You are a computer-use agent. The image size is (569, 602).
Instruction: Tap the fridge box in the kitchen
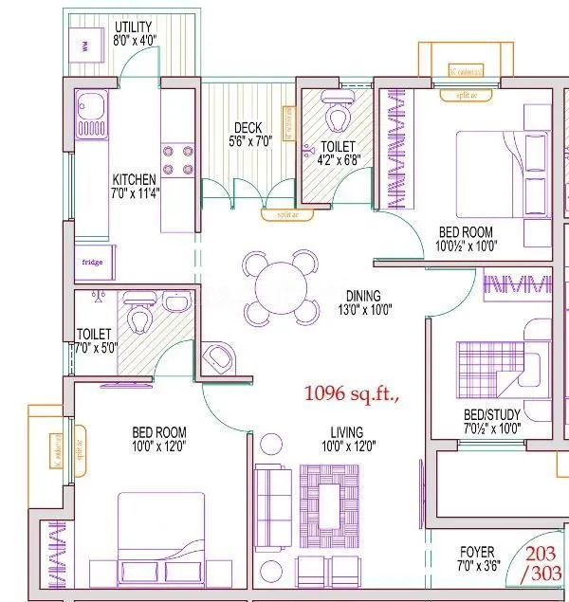92,262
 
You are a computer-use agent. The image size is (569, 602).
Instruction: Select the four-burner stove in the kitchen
177,159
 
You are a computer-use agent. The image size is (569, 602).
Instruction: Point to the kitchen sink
92,113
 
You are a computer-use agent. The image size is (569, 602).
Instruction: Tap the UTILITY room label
134,27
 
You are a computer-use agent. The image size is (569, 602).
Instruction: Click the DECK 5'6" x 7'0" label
250,134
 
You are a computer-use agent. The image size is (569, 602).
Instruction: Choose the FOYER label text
476,556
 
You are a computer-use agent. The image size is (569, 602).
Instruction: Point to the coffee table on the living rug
329,499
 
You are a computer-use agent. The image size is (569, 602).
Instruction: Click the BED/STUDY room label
491,421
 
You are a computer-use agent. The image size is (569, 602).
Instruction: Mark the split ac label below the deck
275,214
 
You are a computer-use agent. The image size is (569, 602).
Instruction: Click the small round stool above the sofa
271,444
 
